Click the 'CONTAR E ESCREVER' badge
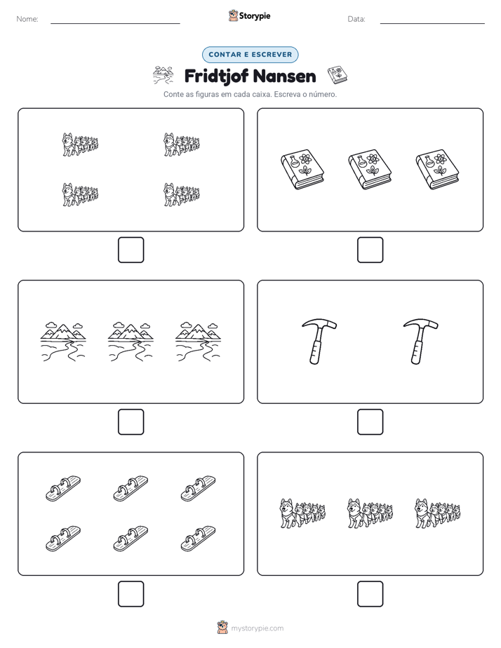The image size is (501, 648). point(250,55)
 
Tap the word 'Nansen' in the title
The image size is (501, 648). point(284,76)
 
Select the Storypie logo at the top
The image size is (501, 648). point(250,16)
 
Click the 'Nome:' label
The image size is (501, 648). point(27,19)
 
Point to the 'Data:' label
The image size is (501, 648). point(356,19)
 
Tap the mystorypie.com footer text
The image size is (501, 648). point(257,628)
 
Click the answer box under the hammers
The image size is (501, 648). point(370,422)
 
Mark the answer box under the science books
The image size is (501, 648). point(370,250)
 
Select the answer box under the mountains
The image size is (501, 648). point(131,422)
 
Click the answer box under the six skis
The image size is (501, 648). point(131,594)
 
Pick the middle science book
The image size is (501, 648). point(370,170)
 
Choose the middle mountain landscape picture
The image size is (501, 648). point(131,342)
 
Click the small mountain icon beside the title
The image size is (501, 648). point(163,75)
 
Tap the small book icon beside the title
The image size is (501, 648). point(338,75)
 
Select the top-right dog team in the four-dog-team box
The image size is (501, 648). point(182,144)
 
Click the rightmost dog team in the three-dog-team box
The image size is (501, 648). point(437,513)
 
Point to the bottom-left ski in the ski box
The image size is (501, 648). point(63,539)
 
